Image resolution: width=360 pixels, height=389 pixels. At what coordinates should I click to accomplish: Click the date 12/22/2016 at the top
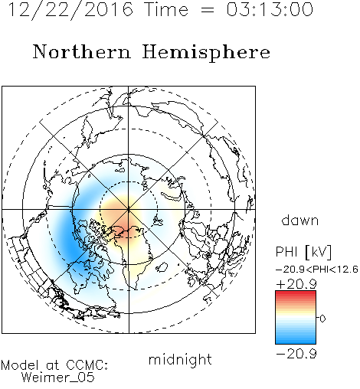(x=70, y=10)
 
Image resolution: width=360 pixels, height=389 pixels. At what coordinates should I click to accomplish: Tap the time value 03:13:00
(x=270, y=10)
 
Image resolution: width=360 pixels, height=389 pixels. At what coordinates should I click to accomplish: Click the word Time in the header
(x=166, y=10)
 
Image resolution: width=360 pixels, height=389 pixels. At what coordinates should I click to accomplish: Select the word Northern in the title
(x=81, y=52)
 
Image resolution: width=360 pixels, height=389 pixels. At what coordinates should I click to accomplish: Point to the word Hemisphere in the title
(x=206, y=53)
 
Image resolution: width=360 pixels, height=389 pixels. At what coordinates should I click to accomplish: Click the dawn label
(x=300, y=220)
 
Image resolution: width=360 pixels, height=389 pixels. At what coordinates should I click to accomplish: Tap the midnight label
(x=180, y=359)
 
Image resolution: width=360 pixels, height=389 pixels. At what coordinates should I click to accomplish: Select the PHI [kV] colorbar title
(x=303, y=252)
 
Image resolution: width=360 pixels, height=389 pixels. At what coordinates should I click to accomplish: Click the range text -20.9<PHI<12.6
(x=317, y=270)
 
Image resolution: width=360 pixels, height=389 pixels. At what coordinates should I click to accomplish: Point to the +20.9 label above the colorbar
(x=296, y=284)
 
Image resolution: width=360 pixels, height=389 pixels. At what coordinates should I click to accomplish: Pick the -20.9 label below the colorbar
(x=296, y=354)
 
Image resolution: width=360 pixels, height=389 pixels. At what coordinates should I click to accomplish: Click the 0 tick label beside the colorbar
(x=322, y=319)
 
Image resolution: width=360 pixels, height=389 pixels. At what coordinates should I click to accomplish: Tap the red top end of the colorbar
(x=296, y=293)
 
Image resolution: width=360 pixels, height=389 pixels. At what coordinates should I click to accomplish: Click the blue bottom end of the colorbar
(x=296, y=342)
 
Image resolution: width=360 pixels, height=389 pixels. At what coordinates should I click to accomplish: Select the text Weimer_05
(x=57, y=378)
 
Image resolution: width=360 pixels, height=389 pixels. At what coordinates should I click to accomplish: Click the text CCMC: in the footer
(x=87, y=365)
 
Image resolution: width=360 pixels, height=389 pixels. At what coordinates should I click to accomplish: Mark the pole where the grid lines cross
(x=129, y=209)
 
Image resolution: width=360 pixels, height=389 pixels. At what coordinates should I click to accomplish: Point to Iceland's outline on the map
(x=162, y=267)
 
